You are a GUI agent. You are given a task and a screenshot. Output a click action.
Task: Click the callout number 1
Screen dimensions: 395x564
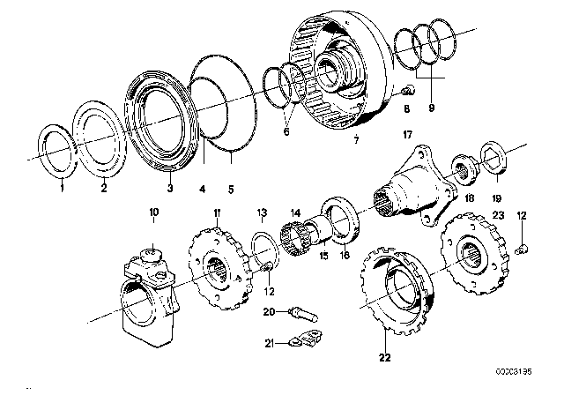coord(62,187)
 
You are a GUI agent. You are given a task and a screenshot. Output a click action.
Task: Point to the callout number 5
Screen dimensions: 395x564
coord(230,187)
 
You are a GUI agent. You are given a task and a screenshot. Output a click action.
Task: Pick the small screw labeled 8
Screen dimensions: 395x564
coord(405,93)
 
